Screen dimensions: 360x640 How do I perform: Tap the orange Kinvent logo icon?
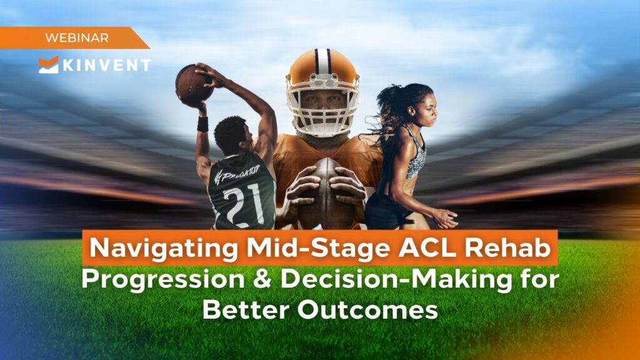click(x=48, y=64)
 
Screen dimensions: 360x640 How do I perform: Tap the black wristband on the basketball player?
click(x=202, y=124)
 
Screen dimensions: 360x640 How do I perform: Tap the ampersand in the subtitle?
click(x=265, y=280)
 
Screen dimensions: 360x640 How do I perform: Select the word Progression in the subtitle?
click(x=166, y=280)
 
